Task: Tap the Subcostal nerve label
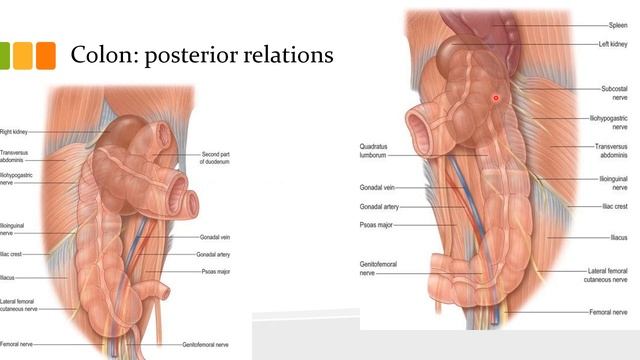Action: pos(614,93)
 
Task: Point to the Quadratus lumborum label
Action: pos(373,151)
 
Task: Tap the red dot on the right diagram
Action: pos(495,97)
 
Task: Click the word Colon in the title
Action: pos(98,54)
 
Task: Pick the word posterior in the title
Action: pos(187,55)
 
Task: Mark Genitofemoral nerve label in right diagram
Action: pos(378,268)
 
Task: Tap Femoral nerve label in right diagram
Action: pos(609,312)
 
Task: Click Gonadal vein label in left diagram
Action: pos(215,237)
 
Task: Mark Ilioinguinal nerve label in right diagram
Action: pos(613,182)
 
